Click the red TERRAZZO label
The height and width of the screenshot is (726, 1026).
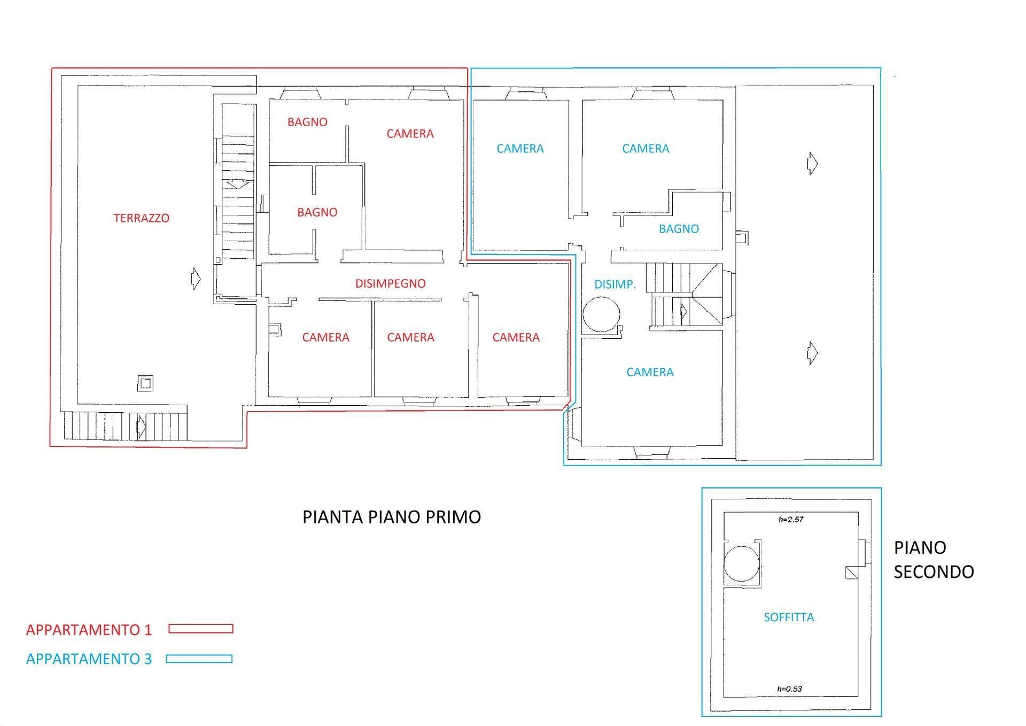click(141, 218)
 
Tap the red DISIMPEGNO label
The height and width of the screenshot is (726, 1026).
click(390, 283)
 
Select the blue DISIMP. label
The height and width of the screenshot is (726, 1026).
click(615, 284)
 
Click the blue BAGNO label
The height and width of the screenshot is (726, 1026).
click(679, 229)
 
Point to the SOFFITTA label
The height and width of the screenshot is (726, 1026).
click(789, 617)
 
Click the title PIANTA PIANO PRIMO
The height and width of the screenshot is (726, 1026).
click(391, 517)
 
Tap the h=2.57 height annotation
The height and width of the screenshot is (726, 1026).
click(791, 519)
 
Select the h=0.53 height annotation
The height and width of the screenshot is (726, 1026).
click(789, 689)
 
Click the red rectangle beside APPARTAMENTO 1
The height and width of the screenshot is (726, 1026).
click(201, 629)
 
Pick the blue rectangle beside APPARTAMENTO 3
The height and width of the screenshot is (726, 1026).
click(199, 659)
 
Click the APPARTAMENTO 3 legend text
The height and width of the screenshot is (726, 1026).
click(89, 659)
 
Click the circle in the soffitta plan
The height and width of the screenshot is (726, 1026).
click(742, 563)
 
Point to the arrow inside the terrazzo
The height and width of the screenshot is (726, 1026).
click(196, 279)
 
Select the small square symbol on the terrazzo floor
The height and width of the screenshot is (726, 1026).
click(145, 383)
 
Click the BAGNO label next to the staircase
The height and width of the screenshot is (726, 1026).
click(317, 212)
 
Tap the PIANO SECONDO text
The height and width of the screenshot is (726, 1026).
click(933, 559)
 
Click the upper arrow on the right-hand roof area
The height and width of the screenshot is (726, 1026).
click(812, 163)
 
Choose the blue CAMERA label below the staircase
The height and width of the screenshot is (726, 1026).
click(650, 372)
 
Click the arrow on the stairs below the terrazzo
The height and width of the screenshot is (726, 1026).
click(142, 427)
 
